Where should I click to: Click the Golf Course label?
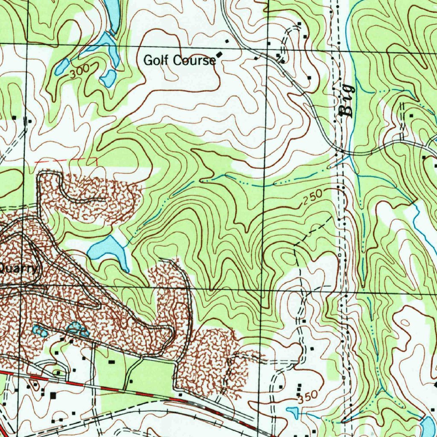[179, 61]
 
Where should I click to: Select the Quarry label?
[20, 268]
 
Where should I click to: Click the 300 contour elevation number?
[79, 71]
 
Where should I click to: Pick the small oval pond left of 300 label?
[62, 67]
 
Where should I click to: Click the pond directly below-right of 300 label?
[108, 78]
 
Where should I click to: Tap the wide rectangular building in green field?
[112, 361]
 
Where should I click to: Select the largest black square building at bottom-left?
[53, 396]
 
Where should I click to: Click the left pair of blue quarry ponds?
[40, 330]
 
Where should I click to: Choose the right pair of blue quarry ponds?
[77, 328]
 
